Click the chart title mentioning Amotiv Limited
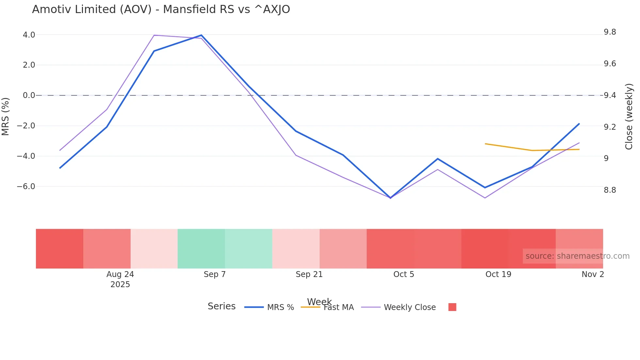161,9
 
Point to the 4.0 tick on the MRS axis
29,35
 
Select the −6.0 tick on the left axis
26,187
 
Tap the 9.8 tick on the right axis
610,32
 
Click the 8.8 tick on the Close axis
610,190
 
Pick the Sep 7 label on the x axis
215,274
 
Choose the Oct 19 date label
498,274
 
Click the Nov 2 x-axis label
592,274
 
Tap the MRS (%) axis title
6,116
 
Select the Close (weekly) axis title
629,116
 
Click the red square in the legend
452,307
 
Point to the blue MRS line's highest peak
201,35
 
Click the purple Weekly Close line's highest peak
154,35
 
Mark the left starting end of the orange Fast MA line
486,144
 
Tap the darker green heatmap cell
201,249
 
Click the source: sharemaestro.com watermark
577,256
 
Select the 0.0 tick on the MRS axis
29,95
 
